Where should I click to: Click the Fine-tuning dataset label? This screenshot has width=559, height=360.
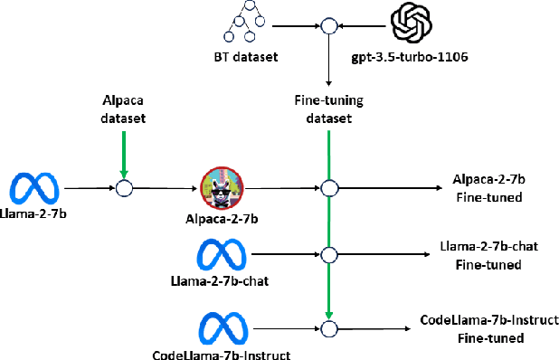pyautogui.click(x=328, y=109)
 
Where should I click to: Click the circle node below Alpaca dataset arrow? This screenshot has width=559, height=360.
pyautogui.click(x=125, y=188)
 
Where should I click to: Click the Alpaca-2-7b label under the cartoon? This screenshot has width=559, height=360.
pyautogui.click(x=223, y=220)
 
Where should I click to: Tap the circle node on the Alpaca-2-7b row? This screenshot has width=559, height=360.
pyautogui.click(x=328, y=188)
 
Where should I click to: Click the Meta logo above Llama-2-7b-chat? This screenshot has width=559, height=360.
pyautogui.click(x=223, y=254)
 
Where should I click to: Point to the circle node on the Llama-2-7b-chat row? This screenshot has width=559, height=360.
pyautogui.click(x=328, y=255)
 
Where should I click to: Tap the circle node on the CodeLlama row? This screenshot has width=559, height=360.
pyautogui.click(x=328, y=327)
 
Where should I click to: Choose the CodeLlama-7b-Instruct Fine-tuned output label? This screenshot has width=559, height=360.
pyautogui.click(x=489, y=329)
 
